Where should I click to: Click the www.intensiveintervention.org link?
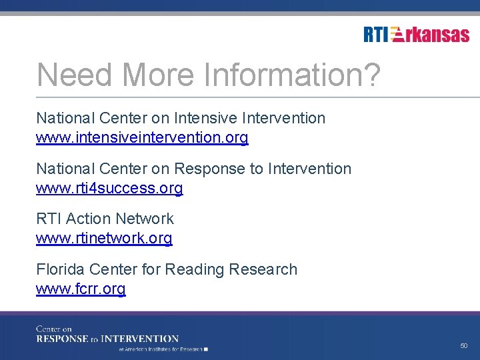coord(142,138)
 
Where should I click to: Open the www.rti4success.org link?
coord(109,189)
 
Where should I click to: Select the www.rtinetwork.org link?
coord(104,239)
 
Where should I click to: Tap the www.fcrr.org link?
coord(81,289)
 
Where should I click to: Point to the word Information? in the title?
coord(292,75)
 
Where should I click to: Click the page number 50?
coord(464,346)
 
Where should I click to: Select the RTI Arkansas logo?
coord(416,34)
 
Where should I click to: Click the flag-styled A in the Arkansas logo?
coord(397,34)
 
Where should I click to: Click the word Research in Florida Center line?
coord(263,269)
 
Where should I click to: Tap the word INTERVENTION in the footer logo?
coord(139,339)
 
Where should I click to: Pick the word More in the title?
coord(160,75)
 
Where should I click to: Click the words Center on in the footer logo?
coord(54,329)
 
